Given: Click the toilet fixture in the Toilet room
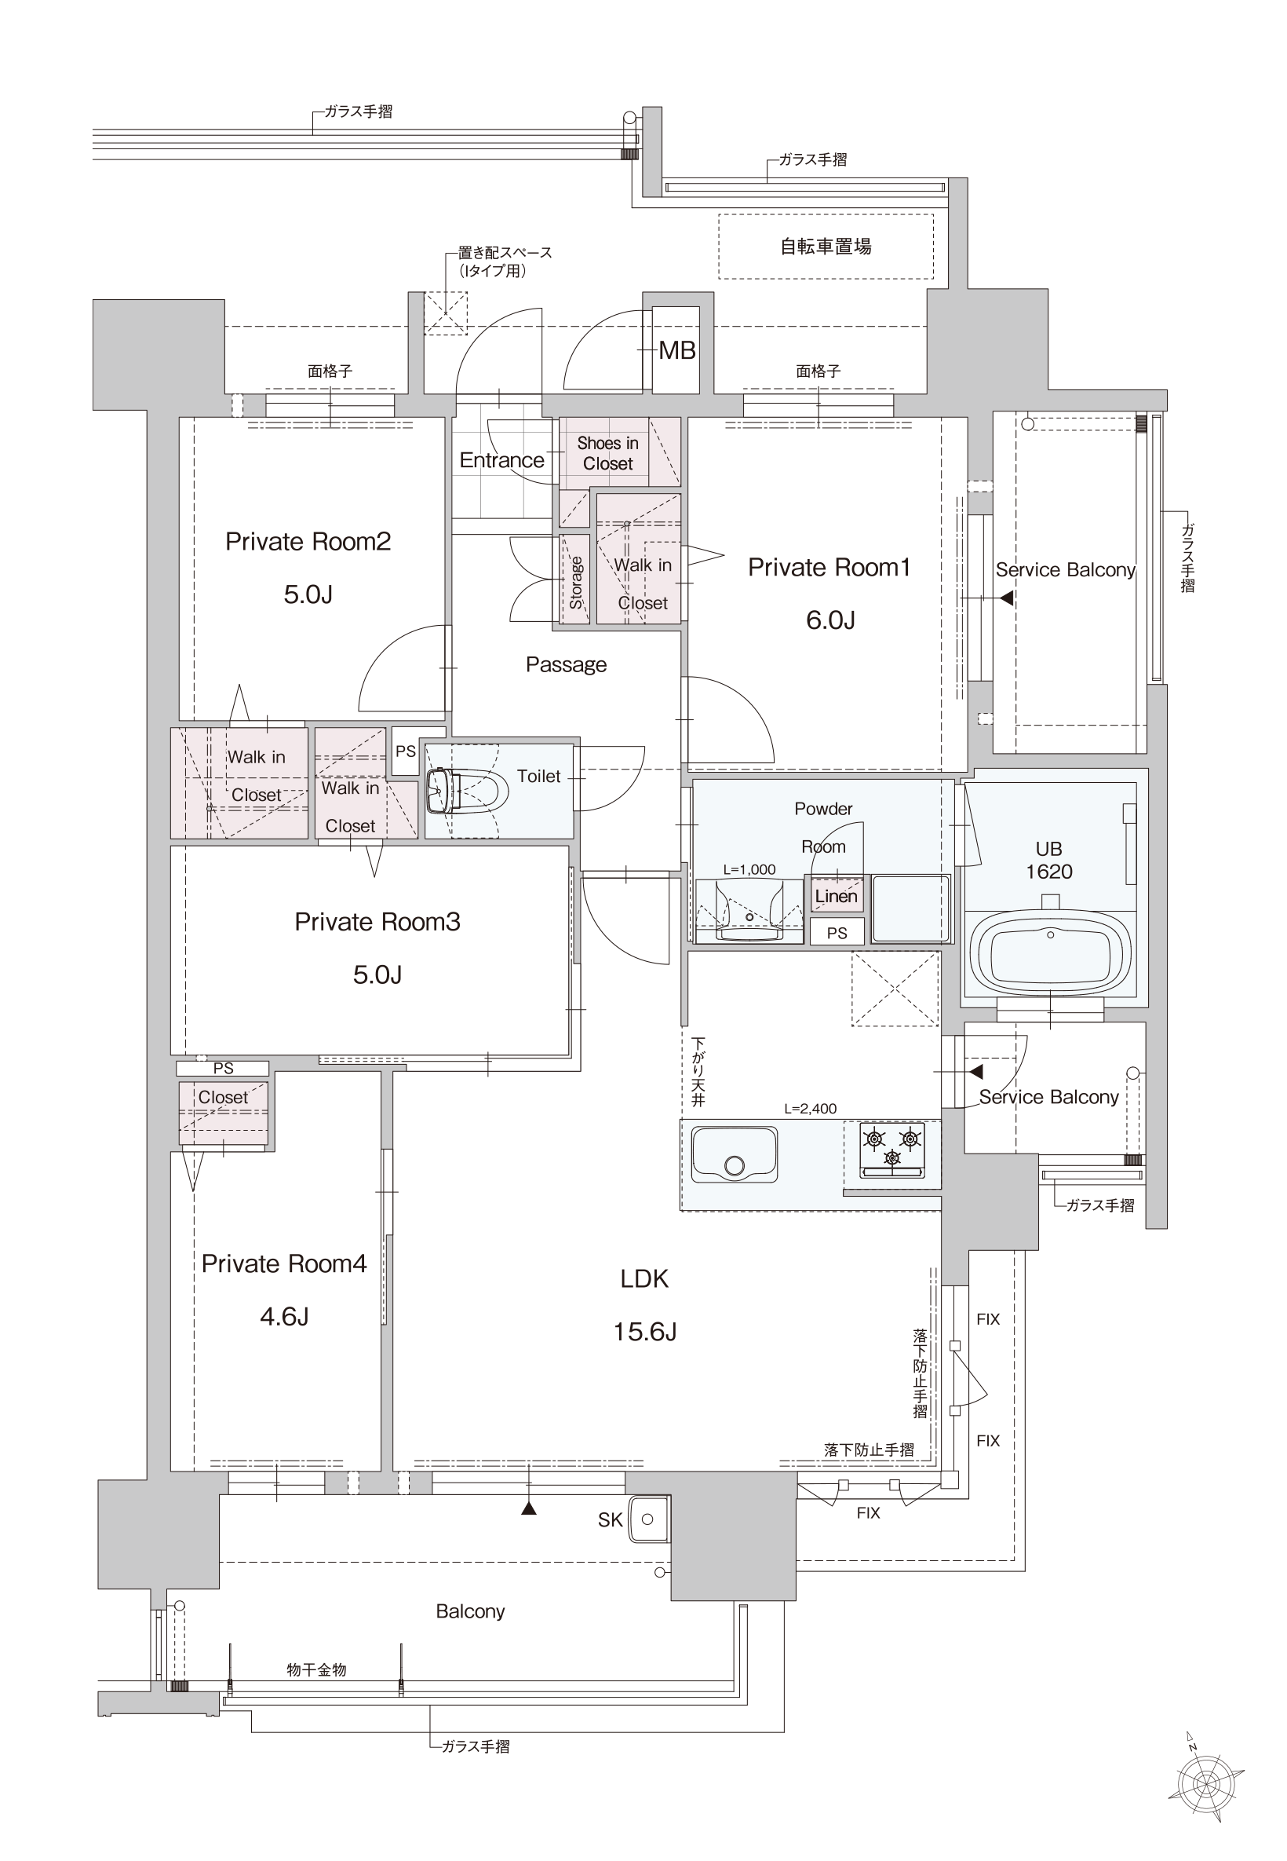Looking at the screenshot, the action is tap(466, 791).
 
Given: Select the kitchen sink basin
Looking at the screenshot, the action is tap(734, 1154).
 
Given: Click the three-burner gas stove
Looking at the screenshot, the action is tap(891, 1149).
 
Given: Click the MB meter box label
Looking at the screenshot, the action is tap(676, 350).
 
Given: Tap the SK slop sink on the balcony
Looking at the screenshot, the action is tap(647, 1519).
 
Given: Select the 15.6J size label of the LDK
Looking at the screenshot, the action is tap(644, 1332).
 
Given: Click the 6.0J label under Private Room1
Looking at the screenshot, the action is tap(829, 620).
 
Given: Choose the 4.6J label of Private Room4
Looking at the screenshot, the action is tap(284, 1317).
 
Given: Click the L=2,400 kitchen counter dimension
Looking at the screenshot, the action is tap(811, 1109).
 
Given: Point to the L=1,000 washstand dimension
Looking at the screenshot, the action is tap(749, 869).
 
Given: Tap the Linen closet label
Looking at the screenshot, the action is tap(837, 896).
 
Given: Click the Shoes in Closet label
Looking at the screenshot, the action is tap(608, 453).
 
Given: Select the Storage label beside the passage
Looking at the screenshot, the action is tap(576, 583).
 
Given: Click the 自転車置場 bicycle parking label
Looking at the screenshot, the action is tap(826, 247).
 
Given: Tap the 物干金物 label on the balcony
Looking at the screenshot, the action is tap(316, 1669).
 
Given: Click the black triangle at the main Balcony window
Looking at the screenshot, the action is tap(529, 1508).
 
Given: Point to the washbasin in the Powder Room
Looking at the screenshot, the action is tap(749, 910).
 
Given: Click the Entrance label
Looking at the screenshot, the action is tap(501, 461).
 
